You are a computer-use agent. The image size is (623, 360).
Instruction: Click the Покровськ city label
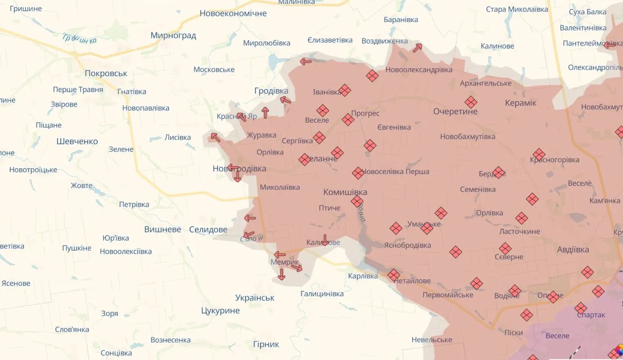106,74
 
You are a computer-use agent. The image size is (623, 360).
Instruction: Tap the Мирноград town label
173,35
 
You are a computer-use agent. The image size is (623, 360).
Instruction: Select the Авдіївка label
573,250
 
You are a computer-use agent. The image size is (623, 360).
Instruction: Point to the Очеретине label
455,112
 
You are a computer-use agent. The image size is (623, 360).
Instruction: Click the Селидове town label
208,230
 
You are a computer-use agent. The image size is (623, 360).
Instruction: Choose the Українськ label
254,298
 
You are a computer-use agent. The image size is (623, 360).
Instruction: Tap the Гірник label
266,345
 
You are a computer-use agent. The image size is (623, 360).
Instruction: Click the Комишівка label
345,192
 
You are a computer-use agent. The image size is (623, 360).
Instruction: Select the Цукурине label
220,311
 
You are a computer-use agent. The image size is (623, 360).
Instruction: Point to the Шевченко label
77,141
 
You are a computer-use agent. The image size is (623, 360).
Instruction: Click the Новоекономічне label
233,14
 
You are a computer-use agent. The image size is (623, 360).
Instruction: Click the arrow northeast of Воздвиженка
417,47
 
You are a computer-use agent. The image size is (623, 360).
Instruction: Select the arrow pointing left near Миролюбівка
306,61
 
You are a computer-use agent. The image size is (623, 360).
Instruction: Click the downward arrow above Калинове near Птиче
324,239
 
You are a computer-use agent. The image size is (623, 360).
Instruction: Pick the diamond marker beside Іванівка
345,90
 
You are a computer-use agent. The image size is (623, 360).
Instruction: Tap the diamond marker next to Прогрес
348,120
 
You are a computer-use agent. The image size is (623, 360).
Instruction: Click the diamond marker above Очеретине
470,102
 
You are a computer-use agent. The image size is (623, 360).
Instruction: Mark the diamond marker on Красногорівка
539,154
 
